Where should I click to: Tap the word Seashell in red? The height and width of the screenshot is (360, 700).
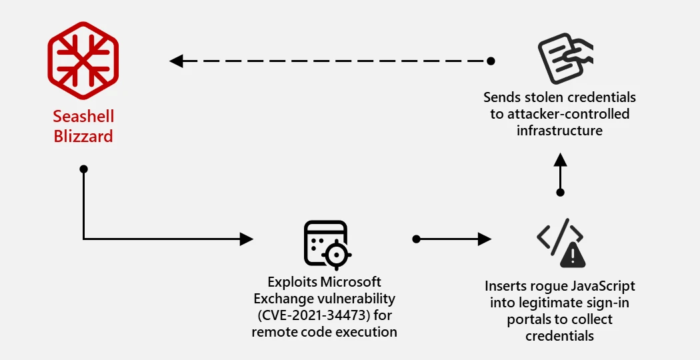coord(83,117)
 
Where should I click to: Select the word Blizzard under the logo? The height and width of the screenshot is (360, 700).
coord(83,137)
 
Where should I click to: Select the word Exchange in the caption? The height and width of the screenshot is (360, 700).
coord(283,298)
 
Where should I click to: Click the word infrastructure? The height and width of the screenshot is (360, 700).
coord(559,130)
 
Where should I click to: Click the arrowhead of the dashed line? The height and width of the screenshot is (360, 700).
coord(176,61)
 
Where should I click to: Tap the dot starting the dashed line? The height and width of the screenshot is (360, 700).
coord(491,61)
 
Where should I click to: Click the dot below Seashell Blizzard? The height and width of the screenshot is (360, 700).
coord(83,169)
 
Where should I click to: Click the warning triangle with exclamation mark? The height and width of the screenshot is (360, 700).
coord(573,254)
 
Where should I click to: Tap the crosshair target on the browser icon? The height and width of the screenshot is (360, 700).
coord(338,254)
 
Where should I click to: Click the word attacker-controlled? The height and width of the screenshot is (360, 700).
coord(567,114)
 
